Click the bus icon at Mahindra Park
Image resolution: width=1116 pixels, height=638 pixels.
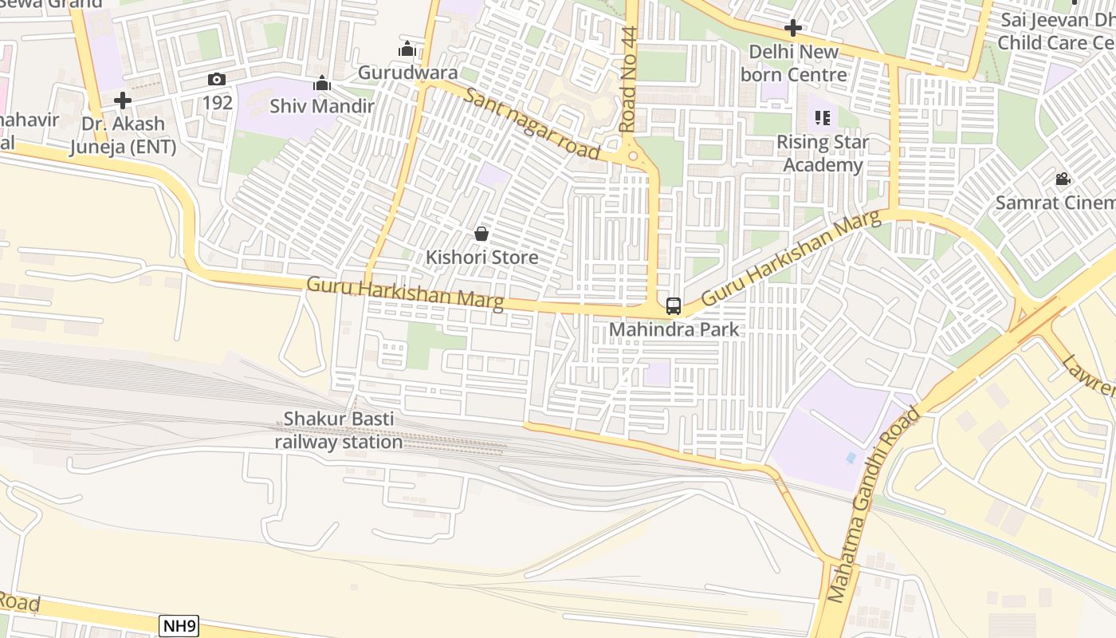[674, 305]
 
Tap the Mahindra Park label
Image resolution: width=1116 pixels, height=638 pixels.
[674, 329]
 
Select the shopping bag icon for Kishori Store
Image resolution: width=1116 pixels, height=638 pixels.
[481, 234]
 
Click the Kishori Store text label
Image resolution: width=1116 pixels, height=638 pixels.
[481, 258]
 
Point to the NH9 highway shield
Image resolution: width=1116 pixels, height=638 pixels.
[179, 626]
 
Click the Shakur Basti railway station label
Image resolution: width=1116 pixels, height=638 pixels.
[339, 431]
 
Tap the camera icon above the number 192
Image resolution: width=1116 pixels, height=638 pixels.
[216, 79]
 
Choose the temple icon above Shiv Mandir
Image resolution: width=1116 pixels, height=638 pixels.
[322, 83]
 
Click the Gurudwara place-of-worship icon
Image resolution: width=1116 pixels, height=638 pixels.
[407, 49]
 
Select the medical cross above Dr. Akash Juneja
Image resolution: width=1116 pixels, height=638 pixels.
[123, 100]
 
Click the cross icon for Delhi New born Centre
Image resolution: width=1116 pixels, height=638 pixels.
[792, 29]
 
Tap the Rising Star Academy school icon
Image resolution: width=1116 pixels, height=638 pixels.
[823, 119]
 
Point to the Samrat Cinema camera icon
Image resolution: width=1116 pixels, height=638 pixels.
[1063, 179]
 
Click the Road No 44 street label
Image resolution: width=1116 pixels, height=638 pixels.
[630, 80]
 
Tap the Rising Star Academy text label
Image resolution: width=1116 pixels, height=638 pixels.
[823, 154]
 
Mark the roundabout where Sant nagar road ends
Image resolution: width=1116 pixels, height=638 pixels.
[633, 156]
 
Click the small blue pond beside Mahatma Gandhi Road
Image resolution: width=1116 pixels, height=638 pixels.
[851, 459]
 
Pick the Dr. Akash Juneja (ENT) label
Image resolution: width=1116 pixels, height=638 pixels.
[123, 136]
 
